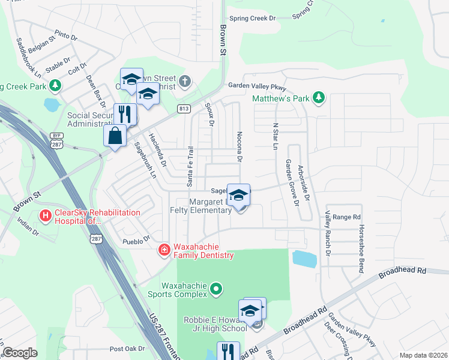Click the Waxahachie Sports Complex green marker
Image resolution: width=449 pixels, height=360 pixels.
[217, 290]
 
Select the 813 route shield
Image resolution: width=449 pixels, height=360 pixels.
[184, 109]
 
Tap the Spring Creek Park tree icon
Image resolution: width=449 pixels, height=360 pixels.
[55, 86]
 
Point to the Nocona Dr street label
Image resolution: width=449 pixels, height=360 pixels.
[239, 147]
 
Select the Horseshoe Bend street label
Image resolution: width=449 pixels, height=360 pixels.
[361, 249]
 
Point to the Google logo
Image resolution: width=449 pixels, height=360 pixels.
[20, 353]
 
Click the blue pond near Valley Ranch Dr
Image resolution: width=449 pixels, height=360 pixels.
[304, 259]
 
